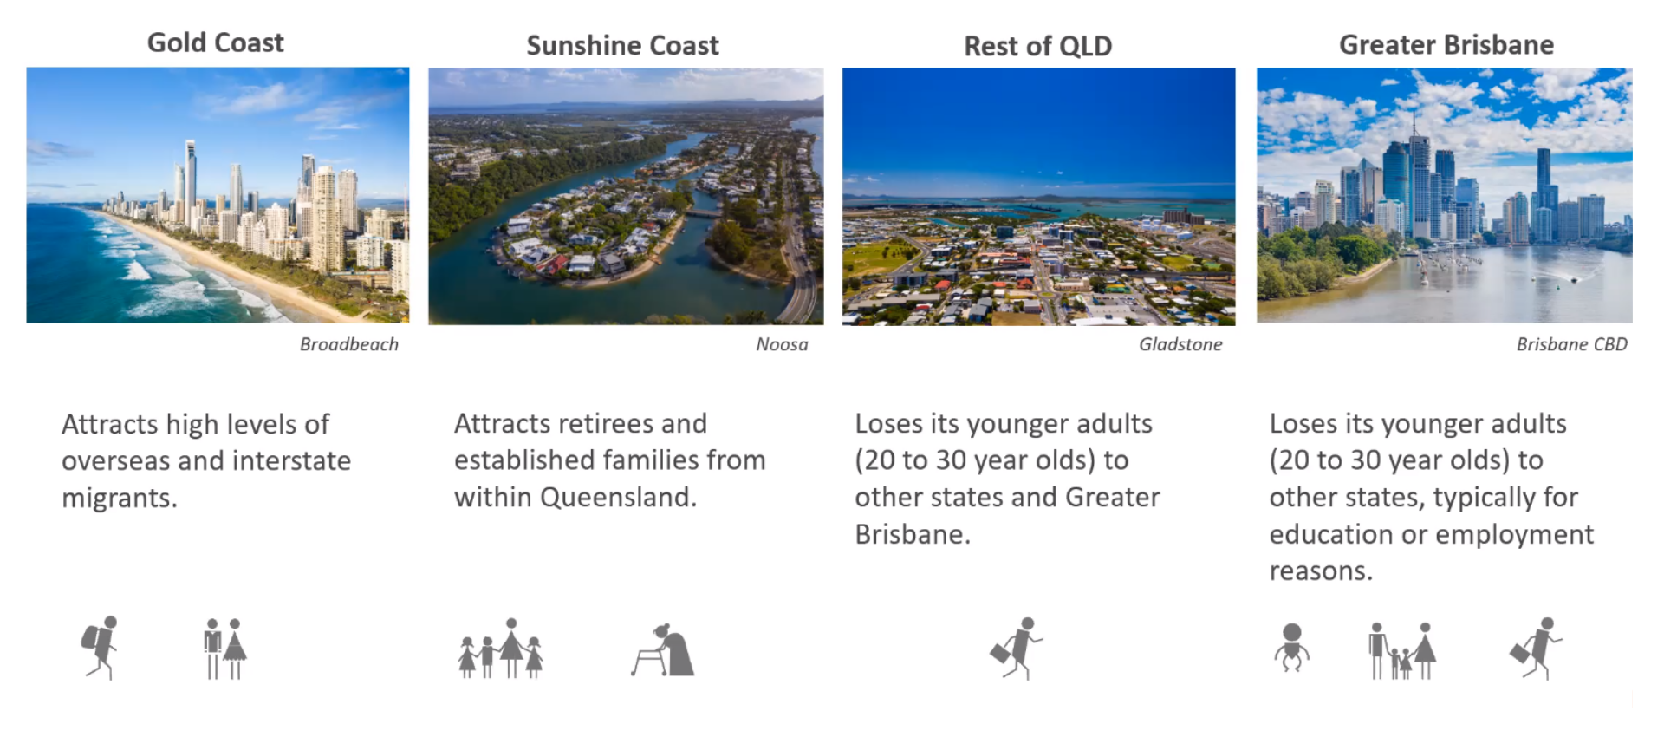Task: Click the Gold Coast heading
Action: coord(215,42)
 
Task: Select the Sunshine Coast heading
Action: coord(622,45)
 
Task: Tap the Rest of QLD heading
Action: coord(1037,46)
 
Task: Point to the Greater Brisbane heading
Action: coord(1446,44)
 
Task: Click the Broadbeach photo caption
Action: coord(348,344)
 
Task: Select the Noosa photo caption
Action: coord(782,344)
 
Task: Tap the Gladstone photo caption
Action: coord(1180,344)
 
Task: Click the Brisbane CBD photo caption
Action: coord(1571,344)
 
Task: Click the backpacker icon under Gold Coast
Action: coord(100,648)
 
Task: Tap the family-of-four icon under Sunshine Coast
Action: coord(501,649)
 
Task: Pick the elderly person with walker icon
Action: coord(663,650)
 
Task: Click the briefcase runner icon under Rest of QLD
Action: coord(1016,648)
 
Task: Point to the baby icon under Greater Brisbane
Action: coord(1291,647)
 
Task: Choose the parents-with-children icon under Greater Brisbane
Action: coord(1402,650)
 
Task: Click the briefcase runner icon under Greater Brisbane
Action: coord(1536,648)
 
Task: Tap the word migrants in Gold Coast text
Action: coord(120,499)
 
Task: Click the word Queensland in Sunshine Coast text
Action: coord(618,497)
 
